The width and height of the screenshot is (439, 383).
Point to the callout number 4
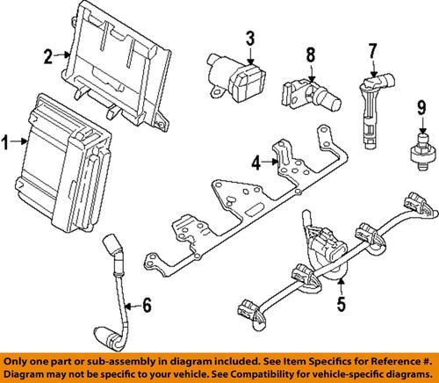[255, 162]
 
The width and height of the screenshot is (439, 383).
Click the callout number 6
[147, 306]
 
